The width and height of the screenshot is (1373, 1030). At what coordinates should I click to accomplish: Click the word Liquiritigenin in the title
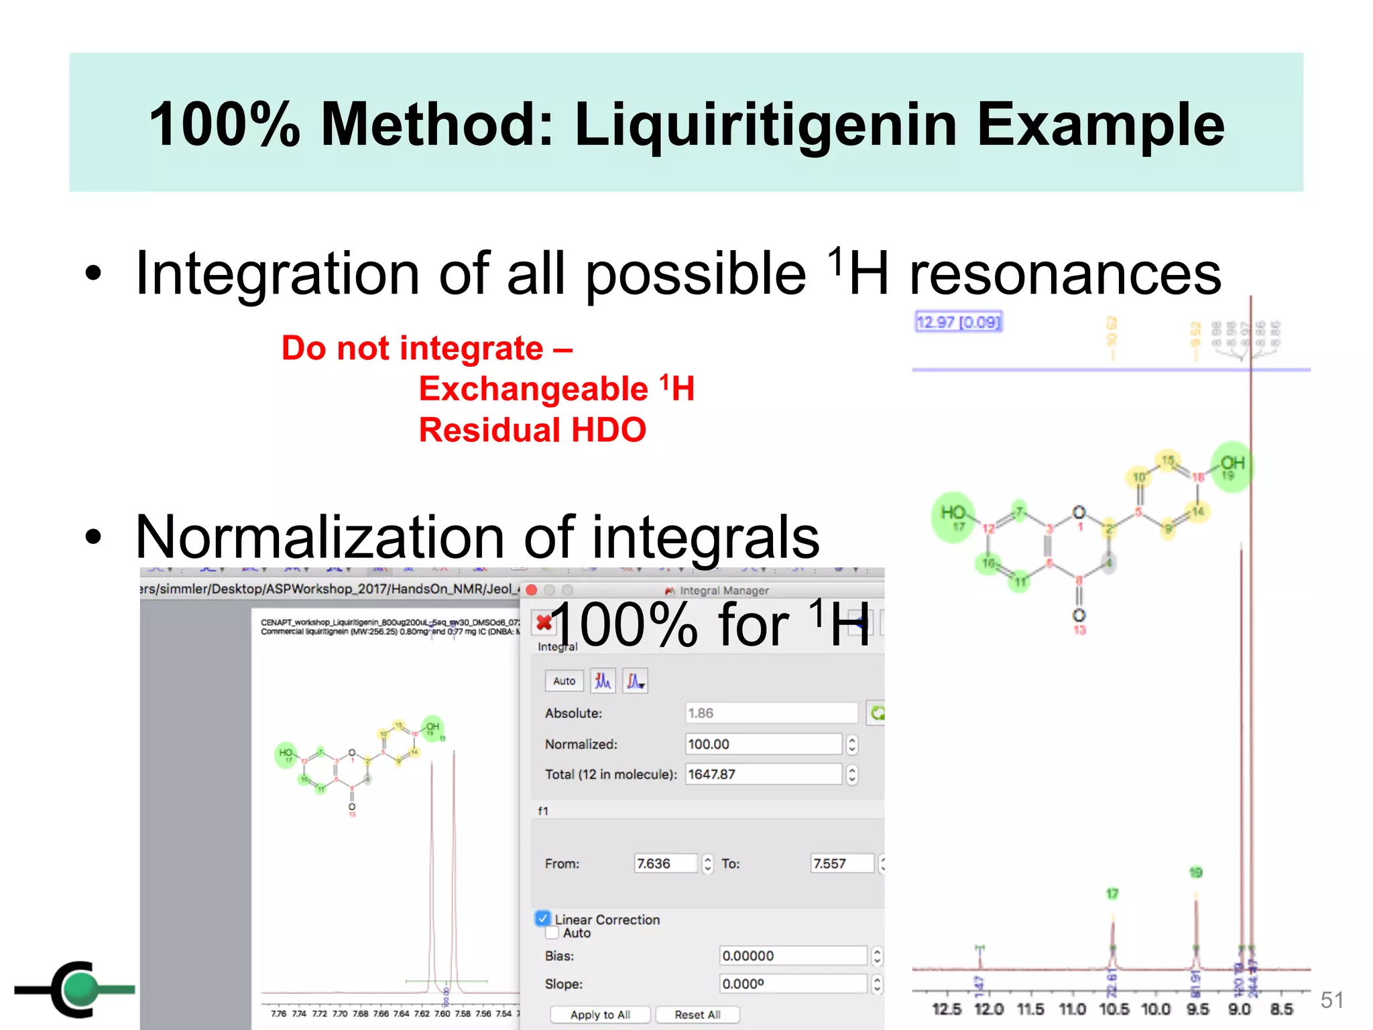(x=766, y=125)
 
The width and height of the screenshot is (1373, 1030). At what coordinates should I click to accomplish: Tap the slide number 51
(x=1331, y=1000)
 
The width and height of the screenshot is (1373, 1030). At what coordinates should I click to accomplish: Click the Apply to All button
(x=600, y=1015)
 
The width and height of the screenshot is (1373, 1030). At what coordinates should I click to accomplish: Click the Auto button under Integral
(x=564, y=681)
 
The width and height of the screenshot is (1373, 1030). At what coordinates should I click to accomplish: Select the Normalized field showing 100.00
(x=763, y=744)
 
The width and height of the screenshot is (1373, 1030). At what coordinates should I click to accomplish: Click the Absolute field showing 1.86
(x=771, y=713)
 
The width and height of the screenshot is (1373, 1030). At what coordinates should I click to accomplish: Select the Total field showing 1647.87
(x=763, y=775)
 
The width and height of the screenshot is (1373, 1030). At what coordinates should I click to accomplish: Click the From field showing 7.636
(x=666, y=864)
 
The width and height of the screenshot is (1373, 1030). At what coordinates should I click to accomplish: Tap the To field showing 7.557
(x=842, y=864)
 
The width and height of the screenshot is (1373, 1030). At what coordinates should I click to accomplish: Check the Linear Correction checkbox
(x=543, y=919)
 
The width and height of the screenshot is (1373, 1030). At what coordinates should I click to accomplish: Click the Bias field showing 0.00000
(x=793, y=956)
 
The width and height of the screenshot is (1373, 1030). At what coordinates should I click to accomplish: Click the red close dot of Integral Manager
(x=532, y=590)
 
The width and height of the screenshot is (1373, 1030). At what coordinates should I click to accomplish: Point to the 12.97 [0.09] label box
(x=958, y=323)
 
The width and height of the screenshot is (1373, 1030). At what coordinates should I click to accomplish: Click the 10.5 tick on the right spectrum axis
(x=1114, y=1009)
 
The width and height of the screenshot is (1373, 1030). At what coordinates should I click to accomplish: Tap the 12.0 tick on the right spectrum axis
(x=989, y=1009)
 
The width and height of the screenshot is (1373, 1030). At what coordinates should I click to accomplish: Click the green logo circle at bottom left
(x=82, y=988)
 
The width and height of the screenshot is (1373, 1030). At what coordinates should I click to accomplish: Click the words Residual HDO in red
(x=532, y=430)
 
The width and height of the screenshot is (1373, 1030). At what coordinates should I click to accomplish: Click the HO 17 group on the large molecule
(x=953, y=516)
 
